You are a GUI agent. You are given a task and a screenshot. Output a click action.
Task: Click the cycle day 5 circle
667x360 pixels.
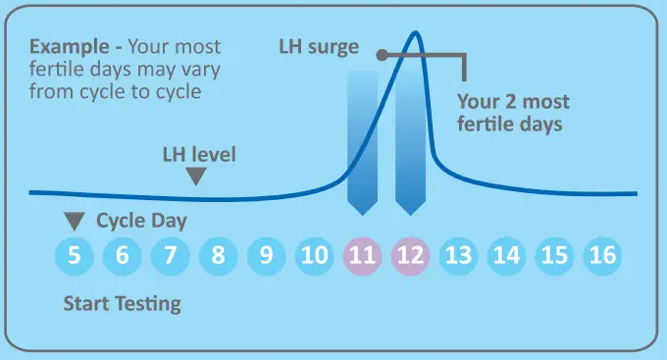[x=75, y=257]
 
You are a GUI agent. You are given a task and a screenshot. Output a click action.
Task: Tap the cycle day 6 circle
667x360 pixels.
[x=123, y=257]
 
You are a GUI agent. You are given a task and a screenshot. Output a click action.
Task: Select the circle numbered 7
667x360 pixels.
[x=171, y=257]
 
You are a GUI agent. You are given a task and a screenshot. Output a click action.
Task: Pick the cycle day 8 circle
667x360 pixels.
[x=219, y=257]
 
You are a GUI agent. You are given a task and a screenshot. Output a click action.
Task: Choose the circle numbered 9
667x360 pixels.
[x=267, y=257]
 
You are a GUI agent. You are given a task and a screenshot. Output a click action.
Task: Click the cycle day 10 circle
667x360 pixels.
[x=315, y=257]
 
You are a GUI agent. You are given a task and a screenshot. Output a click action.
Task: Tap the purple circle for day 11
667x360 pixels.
[x=363, y=257]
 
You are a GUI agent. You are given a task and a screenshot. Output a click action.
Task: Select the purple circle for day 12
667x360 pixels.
[x=411, y=257]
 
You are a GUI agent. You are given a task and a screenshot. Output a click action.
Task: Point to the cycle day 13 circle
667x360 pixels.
[x=459, y=257]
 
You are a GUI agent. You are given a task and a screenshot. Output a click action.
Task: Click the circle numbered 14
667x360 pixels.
[x=507, y=257]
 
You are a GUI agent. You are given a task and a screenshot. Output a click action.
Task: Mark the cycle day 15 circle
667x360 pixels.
[x=555, y=257]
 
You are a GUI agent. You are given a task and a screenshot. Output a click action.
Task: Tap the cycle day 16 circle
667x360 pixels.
[x=603, y=257]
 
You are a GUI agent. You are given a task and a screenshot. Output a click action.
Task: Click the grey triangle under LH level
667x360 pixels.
[x=197, y=177]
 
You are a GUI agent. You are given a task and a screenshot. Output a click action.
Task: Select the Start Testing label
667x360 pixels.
[x=122, y=303]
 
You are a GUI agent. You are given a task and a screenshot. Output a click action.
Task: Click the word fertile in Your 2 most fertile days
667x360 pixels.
[x=487, y=125]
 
